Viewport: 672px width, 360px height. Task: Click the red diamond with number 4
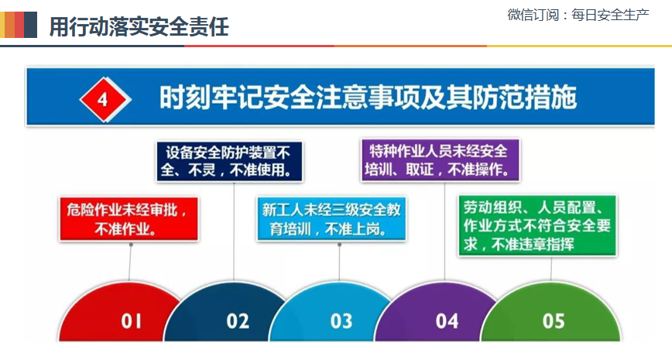[x=105, y=99]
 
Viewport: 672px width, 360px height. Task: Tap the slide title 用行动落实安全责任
[x=139, y=26]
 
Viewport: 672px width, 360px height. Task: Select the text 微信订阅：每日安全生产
[x=578, y=15]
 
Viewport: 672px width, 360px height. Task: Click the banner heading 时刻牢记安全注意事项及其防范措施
[x=368, y=98]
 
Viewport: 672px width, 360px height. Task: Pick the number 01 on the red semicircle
[x=131, y=321]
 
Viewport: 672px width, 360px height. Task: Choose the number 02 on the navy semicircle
[x=238, y=321]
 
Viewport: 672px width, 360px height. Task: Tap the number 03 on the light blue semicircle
[x=341, y=321]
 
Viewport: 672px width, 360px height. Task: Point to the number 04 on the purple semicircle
[x=447, y=321]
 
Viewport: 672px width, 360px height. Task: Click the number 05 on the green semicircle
[x=554, y=321]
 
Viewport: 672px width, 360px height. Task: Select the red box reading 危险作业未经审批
[x=129, y=219]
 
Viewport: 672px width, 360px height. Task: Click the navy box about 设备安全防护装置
[x=229, y=162]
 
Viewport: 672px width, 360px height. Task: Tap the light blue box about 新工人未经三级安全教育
[x=331, y=218]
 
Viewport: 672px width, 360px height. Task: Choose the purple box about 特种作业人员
[x=441, y=159]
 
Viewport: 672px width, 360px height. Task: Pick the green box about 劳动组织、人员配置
[x=537, y=226]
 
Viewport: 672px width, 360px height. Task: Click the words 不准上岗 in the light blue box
[x=357, y=229]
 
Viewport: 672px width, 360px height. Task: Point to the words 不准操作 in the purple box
[x=478, y=170]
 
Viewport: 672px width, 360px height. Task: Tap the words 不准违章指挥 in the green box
[x=533, y=245]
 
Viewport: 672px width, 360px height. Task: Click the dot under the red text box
[x=131, y=245]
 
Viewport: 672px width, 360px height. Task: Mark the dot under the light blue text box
[x=339, y=245]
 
